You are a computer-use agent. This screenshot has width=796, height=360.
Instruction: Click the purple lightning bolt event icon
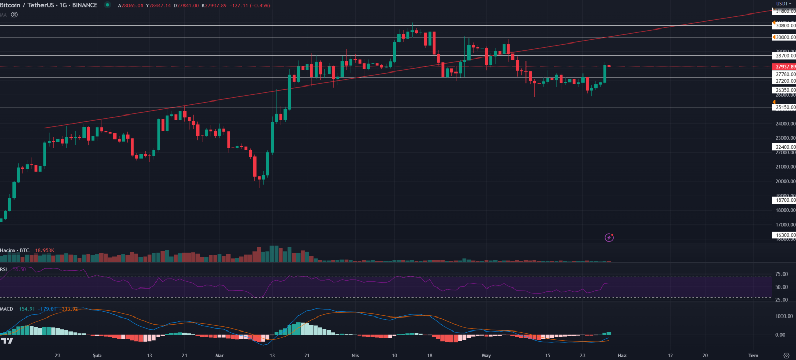tap(609, 238)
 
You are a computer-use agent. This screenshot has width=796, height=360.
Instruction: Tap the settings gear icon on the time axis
tap(786, 356)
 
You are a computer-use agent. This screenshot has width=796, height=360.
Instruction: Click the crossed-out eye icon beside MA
tap(15, 15)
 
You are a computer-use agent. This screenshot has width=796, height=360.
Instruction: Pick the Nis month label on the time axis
tap(355, 356)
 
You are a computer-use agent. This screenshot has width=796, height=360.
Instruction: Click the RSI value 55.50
tap(19, 269)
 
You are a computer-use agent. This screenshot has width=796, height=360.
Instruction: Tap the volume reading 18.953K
tap(45, 250)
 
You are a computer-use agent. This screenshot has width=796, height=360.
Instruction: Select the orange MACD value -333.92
tap(69, 309)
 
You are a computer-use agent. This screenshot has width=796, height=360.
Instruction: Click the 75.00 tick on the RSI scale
tap(781, 275)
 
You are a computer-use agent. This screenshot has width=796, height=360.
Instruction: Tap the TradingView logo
tap(7, 341)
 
